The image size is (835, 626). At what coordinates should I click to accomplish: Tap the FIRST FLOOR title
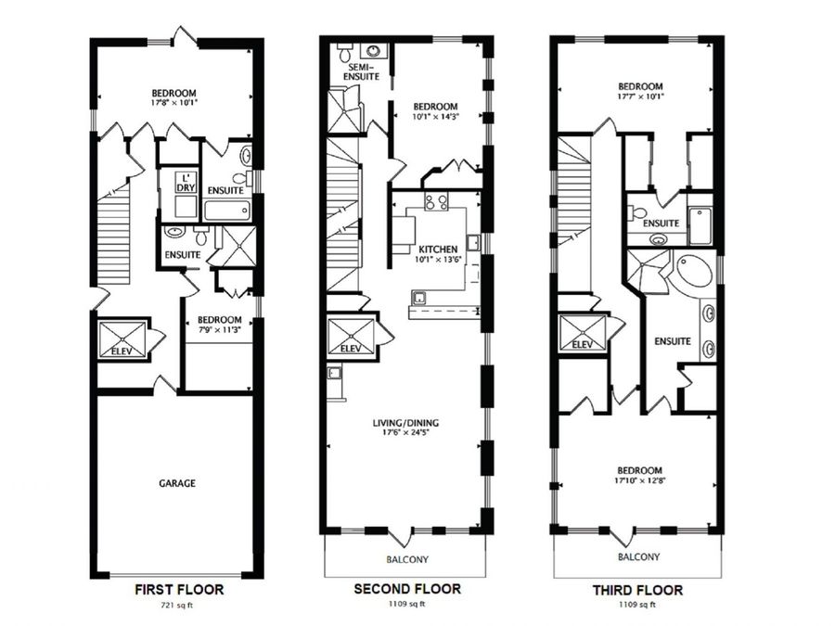coord(179,589)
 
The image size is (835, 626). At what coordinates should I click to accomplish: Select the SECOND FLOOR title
coord(407,589)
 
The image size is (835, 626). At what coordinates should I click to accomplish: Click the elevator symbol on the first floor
coord(122,335)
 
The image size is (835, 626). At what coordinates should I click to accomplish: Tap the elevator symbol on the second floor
coord(352,334)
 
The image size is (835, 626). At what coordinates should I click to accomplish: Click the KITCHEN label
coord(434,250)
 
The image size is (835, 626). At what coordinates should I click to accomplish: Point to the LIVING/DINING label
coord(405,424)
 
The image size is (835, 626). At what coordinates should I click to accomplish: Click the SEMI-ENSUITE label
coord(362,72)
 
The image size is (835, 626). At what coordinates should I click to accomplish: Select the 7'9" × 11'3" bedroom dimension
coord(220,328)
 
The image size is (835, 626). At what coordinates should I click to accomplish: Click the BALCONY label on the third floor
coord(639,557)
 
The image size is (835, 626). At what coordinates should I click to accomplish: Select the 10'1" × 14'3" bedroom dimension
coord(434,117)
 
